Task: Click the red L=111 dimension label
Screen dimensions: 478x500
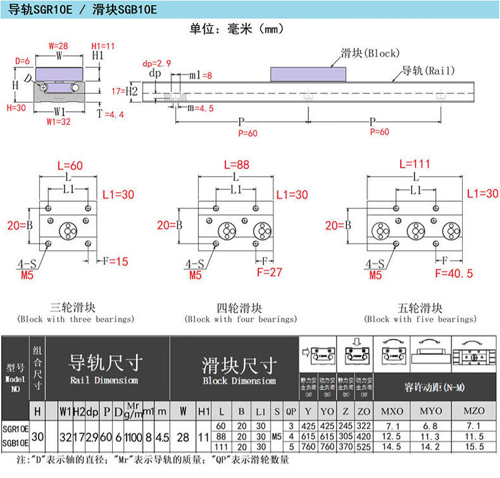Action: (x=414, y=164)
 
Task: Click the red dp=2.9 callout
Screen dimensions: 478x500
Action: (x=157, y=64)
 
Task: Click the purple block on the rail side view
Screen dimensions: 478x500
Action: (x=309, y=73)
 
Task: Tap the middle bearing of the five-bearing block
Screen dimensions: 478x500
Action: (x=416, y=231)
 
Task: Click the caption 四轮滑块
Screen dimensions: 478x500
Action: (x=240, y=308)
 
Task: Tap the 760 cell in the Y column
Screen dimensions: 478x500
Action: (x=309, y=446)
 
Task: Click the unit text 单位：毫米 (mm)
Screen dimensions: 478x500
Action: (x=237, y=29)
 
